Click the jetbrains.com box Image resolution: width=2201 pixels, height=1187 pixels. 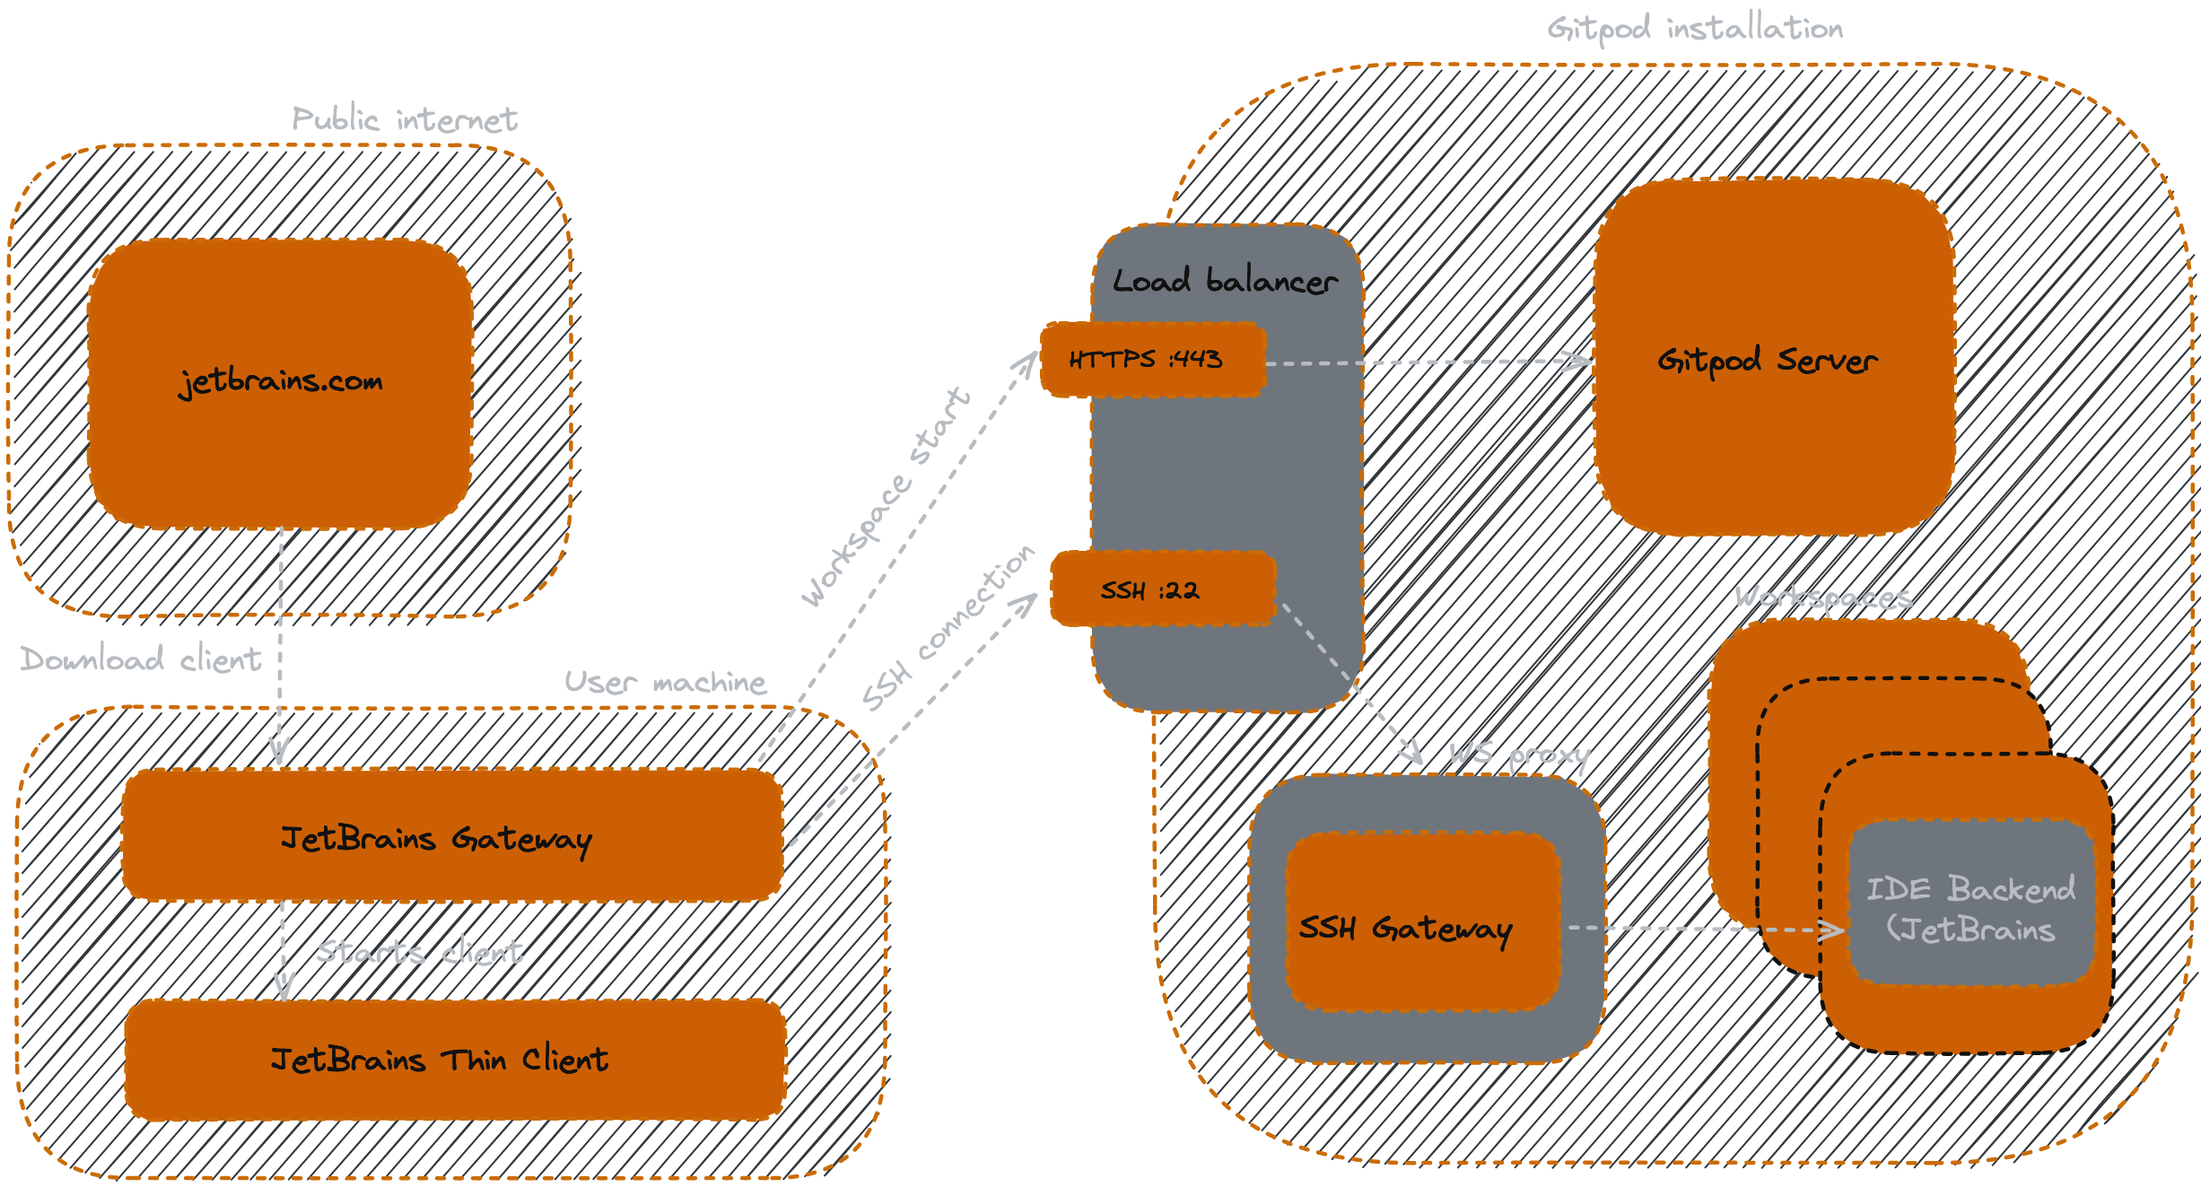pos(280,384)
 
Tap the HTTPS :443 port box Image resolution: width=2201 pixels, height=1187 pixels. pos(1152,360)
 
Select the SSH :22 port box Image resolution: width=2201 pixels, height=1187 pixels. pos(1162,589)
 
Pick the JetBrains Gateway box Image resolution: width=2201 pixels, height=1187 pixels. pos(451,836)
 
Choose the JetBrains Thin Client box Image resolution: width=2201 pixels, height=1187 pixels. pos(456,1060)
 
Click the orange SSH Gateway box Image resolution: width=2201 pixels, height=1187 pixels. pos(1422,924)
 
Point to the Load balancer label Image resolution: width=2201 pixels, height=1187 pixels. pos(1225,281)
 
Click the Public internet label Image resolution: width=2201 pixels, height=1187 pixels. pos(405,119)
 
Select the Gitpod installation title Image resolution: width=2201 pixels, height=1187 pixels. pos(1695,29)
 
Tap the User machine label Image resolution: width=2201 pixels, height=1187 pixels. pos(665,683)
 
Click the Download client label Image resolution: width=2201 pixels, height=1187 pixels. pos(141,659)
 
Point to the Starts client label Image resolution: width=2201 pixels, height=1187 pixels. pos(419,951)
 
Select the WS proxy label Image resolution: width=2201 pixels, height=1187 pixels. pos(1518,755)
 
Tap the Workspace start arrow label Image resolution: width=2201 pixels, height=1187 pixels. pos(885,498)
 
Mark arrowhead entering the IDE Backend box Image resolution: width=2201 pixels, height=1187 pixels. pos(1835,930)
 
